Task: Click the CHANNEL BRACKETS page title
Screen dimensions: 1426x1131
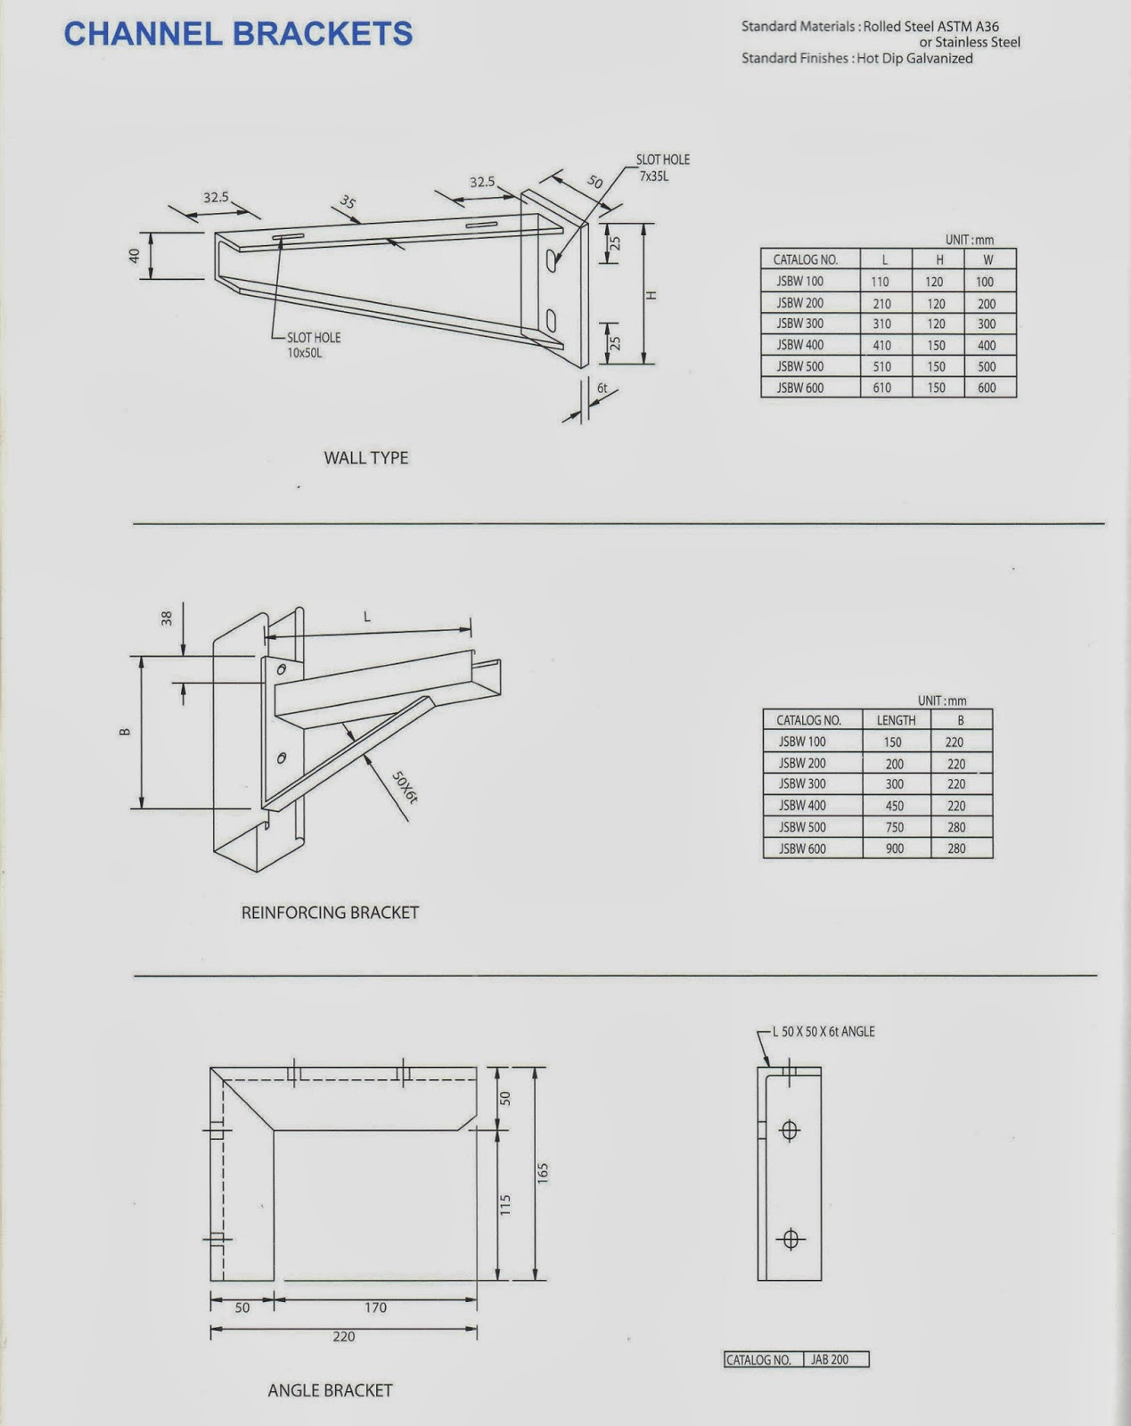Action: tap(238, 34)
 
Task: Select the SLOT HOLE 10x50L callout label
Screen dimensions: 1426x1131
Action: tap(312, 345)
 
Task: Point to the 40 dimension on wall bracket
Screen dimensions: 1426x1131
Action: tap(135, 255)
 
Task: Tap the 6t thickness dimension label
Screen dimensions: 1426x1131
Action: tap(602, 389)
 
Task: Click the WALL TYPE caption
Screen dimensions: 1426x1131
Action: tap(365, 457)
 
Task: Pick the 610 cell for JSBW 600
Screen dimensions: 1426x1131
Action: tap(881, 388)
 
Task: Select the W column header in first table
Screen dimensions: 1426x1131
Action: tap(988, 260)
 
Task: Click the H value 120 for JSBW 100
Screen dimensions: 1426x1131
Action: tap(934, 282)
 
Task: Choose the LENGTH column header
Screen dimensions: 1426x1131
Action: tap(896, 720)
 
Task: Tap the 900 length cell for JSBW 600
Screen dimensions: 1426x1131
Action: tap(894, 848)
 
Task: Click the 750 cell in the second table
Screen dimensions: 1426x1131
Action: tap(894, 827)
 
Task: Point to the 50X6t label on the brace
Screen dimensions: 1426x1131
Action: tap(405, 787)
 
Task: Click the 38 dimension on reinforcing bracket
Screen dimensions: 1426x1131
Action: tap(167, 617)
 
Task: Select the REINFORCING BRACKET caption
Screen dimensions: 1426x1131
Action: tap(330, 913)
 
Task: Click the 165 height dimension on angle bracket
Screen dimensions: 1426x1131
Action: tap(543, 1173)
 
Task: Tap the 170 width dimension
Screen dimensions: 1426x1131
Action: tap(375, 1307)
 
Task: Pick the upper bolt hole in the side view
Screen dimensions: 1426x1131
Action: tap(789, 1131)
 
